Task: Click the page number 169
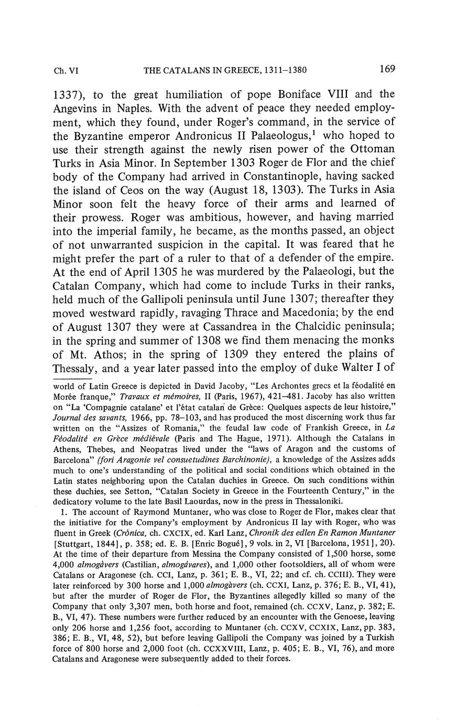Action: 387,69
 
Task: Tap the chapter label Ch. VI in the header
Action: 66,70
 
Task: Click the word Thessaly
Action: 76,368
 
